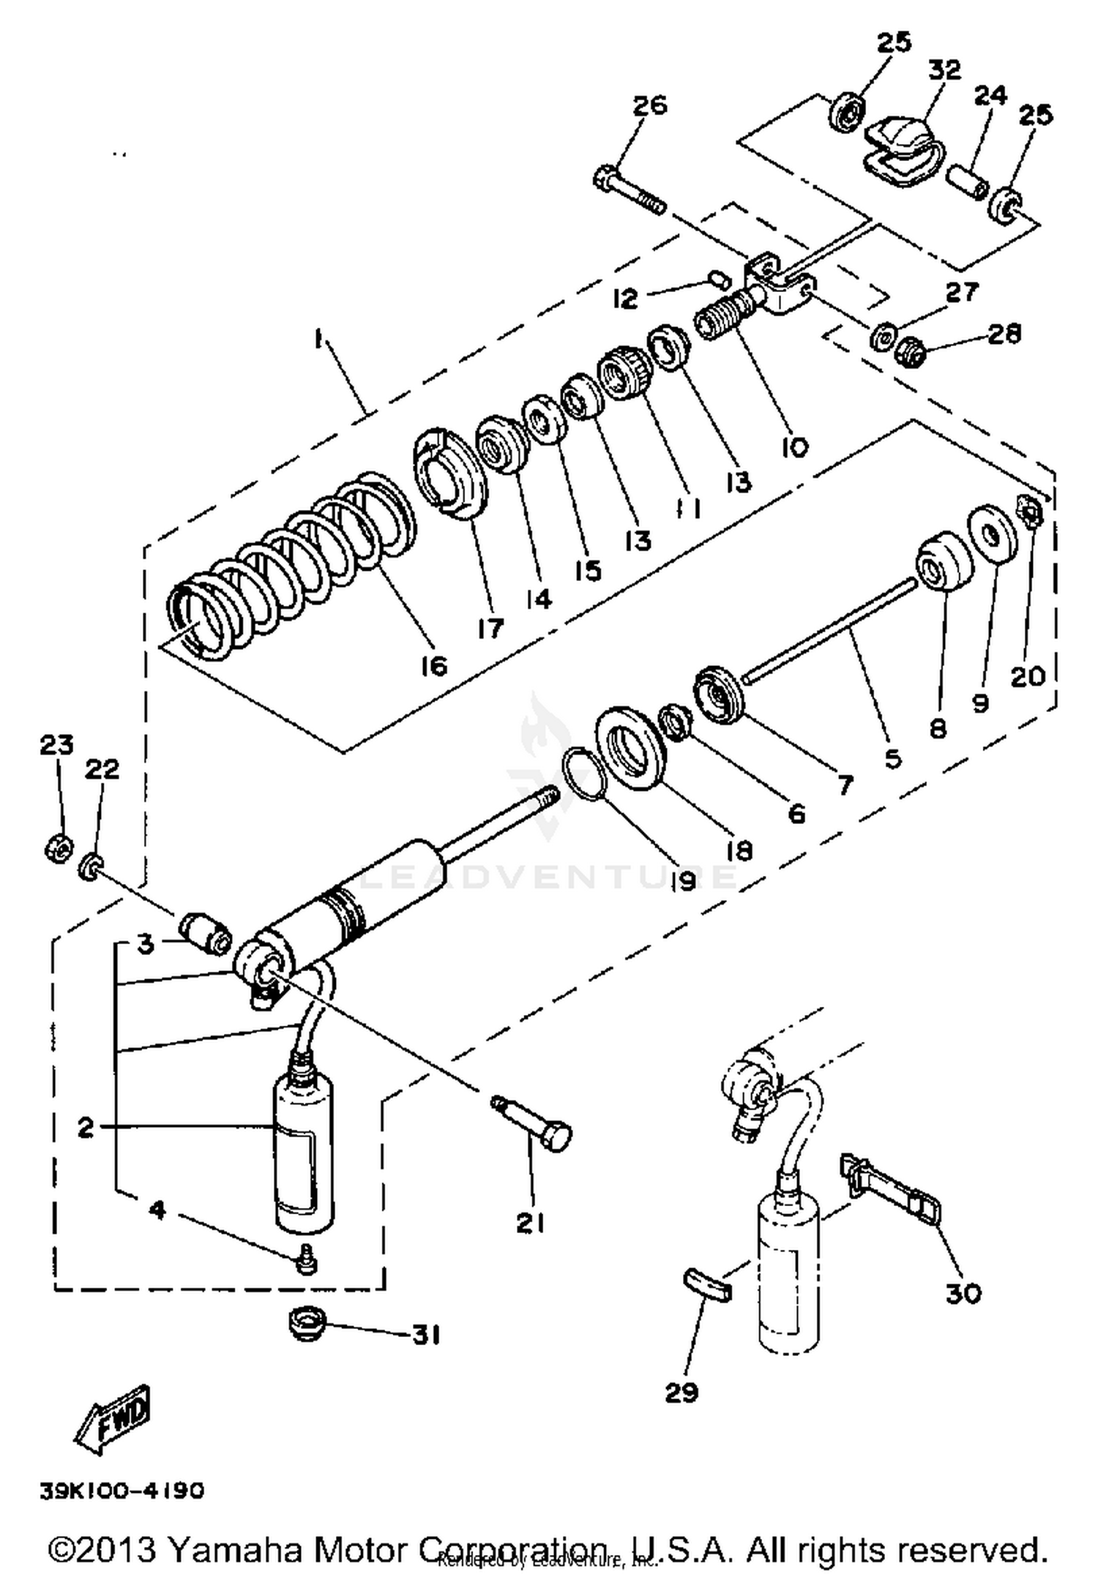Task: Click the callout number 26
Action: point(649,105)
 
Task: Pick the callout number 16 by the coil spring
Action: point(433,665)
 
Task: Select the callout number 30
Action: point(963,1293)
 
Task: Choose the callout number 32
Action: point(944,70)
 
